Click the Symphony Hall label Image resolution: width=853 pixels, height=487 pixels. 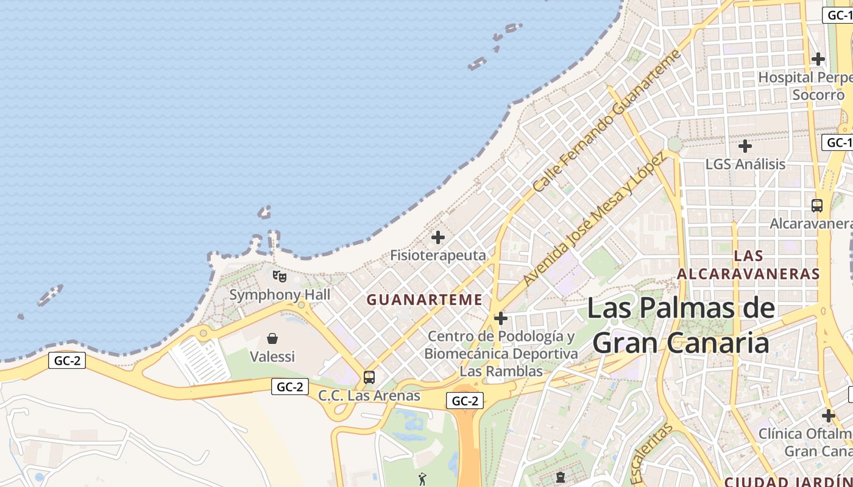280,295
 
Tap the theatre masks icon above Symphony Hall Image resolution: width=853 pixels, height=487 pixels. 280,276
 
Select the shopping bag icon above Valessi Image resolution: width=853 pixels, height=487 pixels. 272,338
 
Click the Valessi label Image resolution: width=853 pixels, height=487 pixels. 272,356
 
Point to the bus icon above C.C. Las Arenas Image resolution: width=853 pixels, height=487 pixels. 369,377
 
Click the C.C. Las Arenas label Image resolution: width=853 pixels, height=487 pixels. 369,395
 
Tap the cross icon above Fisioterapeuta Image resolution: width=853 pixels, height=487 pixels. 438,237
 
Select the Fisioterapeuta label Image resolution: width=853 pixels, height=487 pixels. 438,255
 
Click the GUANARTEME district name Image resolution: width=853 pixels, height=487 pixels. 424,300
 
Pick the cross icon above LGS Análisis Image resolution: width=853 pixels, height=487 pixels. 745,146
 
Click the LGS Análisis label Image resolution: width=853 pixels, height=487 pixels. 745,164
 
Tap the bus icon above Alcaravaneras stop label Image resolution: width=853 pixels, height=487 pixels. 817,206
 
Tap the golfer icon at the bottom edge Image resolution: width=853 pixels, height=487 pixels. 422,479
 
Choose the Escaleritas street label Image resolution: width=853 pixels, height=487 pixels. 651,454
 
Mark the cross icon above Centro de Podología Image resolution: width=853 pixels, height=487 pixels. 501,318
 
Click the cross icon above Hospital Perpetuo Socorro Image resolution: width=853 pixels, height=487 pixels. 818,59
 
